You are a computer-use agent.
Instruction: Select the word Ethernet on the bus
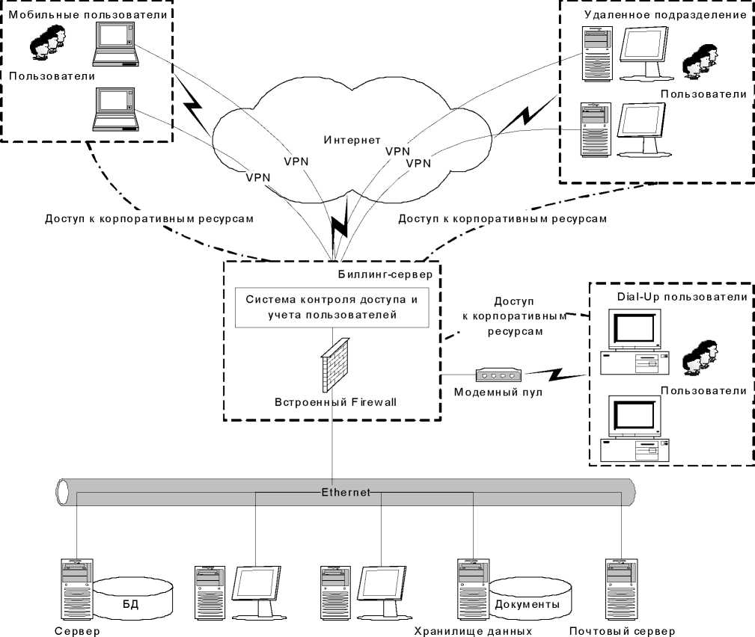pyautogui.click(x=345, y=492)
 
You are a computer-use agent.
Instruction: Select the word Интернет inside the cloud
pyautogui.click(x=352, y=140)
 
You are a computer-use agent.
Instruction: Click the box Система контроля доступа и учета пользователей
pyautogui.click(x=331, y=307)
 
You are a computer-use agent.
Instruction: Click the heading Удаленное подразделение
pyautogui.click(x=663, y=14)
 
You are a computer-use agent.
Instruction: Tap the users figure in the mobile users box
pyautogui.click(x=46, y=44)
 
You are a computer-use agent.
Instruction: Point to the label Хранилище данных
pyautogui.click(x=473, y=630)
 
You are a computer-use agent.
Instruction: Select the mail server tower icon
pyautogui.click(x=620, y=588)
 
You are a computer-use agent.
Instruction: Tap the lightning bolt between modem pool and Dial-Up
pyautogui.click(x=562, y=372)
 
